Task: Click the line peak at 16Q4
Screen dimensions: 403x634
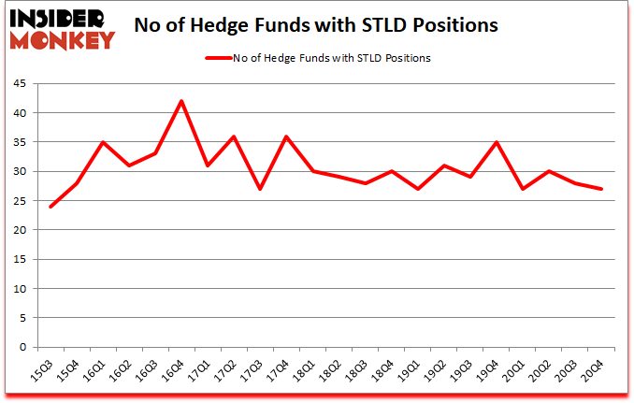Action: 181,101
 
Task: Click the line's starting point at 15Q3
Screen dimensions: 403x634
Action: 50,207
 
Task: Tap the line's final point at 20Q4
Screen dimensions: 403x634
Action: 601,189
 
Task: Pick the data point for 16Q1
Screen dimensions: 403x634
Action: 103,142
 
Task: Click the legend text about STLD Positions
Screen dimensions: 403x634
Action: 335,58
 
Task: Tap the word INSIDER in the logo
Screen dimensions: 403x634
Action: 58,18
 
